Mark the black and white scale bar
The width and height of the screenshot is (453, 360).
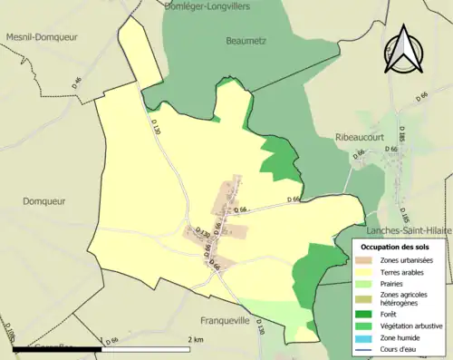100,348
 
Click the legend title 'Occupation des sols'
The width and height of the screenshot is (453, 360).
399,246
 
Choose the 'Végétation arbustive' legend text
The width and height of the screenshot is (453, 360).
411,326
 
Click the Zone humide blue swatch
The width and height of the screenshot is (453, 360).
369,339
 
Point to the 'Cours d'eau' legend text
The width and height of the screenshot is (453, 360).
404,352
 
